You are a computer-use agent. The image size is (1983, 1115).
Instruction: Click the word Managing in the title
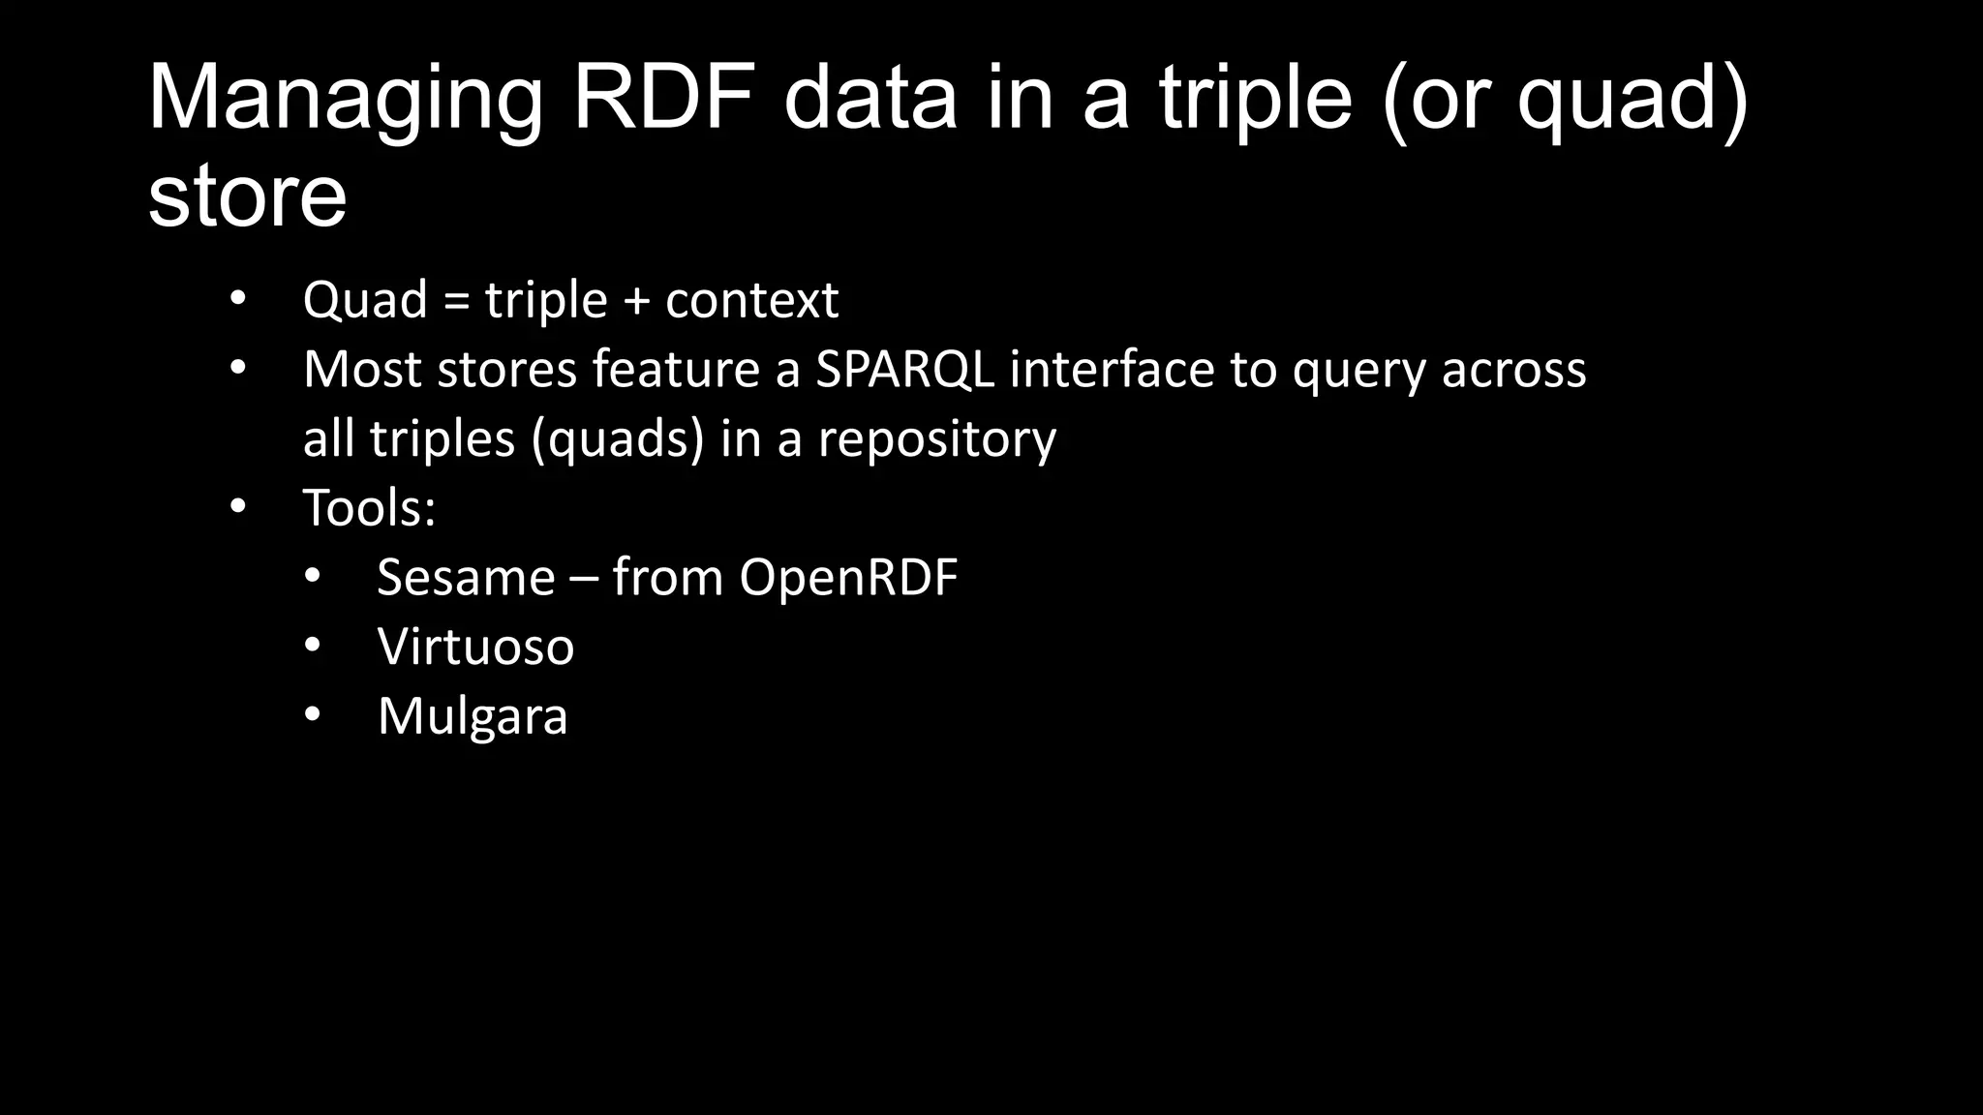point(345,101)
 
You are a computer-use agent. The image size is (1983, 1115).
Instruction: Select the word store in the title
point(247,196)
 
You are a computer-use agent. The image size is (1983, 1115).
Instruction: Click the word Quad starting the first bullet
point(365,300)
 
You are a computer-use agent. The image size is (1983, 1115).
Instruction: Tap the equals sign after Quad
point(456,301)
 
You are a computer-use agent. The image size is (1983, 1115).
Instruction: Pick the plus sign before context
point(636,301)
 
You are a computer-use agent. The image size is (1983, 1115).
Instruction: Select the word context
point(751,300)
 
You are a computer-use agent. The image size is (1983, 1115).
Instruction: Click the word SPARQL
point(904,370)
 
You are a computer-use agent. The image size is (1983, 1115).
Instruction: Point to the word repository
point(937,440)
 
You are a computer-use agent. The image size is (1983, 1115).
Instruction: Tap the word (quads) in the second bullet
point(617,440)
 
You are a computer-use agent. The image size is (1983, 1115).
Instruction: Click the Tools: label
point(369,507)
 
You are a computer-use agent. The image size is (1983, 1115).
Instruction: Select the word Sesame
point(466,578)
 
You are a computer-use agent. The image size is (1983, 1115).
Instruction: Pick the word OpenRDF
point(848,578)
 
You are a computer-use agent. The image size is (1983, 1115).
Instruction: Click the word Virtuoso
point(475,647)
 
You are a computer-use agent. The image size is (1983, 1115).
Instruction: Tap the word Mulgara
point(473,717)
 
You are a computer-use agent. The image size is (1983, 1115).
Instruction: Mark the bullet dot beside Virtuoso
point(312,646)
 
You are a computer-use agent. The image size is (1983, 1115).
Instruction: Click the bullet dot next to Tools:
point(238,506)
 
